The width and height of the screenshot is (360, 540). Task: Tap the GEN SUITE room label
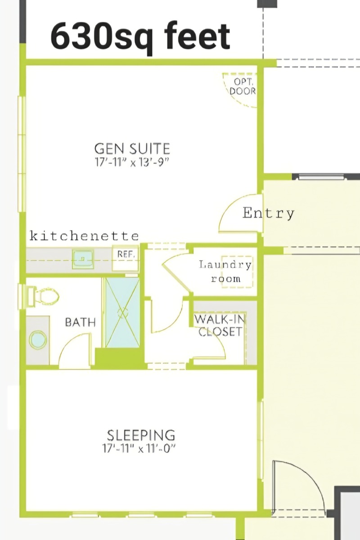coord(132,148)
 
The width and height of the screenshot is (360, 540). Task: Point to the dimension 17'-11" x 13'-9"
coord(131,162)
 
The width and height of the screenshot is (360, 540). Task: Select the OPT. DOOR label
coord(243,86)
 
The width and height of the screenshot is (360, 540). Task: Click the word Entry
coord(268,213)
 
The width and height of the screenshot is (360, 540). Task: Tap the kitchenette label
coord(84,236)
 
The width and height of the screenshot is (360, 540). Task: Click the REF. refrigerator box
coord(126,259)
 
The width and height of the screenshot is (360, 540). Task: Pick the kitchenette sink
coord(83,259)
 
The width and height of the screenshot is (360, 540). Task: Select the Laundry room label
coord(225,272)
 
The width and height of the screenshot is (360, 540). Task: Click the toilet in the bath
coord(44,296)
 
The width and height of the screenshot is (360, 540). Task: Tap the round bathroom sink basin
coord(38,340)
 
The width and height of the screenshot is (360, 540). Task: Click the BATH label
coord(81,322)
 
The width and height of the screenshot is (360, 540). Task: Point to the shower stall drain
coord(122,312)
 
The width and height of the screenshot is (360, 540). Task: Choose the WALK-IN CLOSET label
coord(220,326)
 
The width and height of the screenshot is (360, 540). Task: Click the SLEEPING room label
coord(141,435)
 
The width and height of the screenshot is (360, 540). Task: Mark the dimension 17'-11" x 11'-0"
coord(139,449)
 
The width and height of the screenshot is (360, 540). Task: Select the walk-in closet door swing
coord(219,338)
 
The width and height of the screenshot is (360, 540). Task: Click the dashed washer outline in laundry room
coord(238,272)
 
